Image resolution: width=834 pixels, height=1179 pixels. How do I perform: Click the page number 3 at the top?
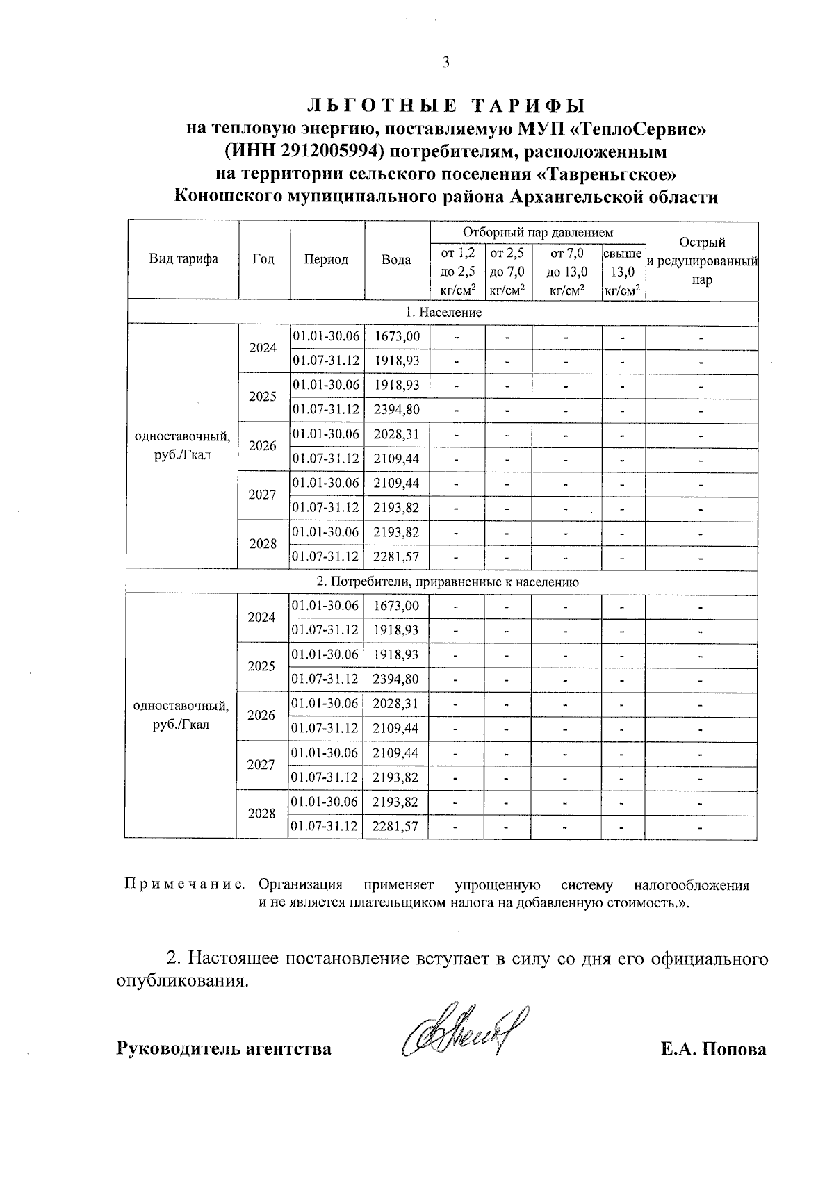pyautogui.click(x=445, y=63)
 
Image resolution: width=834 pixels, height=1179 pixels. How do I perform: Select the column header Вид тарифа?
pyautogui.click(x=183, y=259)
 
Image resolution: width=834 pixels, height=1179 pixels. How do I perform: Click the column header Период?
pyautogui.click(x=326, y=259)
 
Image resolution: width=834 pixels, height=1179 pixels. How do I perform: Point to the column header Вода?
pyautogui.click(x=396, y=260)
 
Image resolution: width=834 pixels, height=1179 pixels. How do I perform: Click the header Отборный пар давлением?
pyautogui.click(x=538, y=232)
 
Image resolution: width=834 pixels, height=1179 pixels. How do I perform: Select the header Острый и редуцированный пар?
pyautogui.click(x=702, y=261)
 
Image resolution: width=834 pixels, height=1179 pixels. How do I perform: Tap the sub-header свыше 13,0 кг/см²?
pyautogui.click(x=623, y=272)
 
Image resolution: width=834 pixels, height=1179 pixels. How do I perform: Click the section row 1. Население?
pyautogui.click(x=443, y=312)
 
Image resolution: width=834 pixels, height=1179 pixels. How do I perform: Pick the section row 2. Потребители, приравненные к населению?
pyautogui.click(x=443, y=582)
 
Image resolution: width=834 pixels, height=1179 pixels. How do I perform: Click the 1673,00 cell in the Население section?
pyautogui.click(x=397, y=336)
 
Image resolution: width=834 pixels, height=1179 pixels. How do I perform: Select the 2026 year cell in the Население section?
pyautogui.click(x=263, y=446)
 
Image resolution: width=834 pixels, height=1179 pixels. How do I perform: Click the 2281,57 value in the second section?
pyautogui.click(x=395, y=826)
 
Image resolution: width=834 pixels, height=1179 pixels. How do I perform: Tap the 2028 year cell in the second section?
pyautogui.click(x=261, y=813)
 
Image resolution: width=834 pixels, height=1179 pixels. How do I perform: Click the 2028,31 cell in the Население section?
pyautogui.click(x=397, y=434)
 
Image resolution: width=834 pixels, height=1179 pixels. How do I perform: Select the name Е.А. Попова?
pyautogui.click(x=714, y=1049)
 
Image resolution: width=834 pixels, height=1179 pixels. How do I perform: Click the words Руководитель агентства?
pyautogui.click(x=223, y=1048)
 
